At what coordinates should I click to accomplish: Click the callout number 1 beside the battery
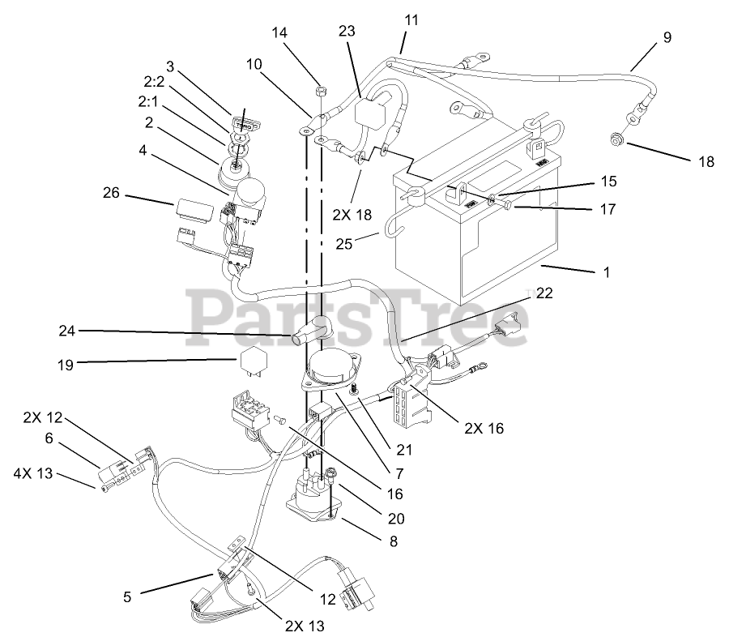pyautogui.click(x=607, y=273)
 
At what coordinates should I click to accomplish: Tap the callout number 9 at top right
pyautogui.click(x=667, y=37)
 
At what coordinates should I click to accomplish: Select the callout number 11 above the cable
pyautogui.click(x=411, y=19)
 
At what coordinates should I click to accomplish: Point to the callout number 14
pyautogui.click(x=279, y=32)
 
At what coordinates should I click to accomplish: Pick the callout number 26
pyautogui.click(x=112, y=193)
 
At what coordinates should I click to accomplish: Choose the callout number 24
pyautogui.click(x=67, y=331)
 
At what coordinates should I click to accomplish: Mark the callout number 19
pyautogui.click(x=65, y=366)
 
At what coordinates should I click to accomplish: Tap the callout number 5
pyautogui.click(x=127, y=597)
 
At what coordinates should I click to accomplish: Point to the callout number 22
pyautogui.click(x=544, y=293)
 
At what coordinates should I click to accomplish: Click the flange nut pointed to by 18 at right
pyautogui.click(x=616, y=142)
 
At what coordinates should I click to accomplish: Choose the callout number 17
pyautogui.click(x=607, y=210)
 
